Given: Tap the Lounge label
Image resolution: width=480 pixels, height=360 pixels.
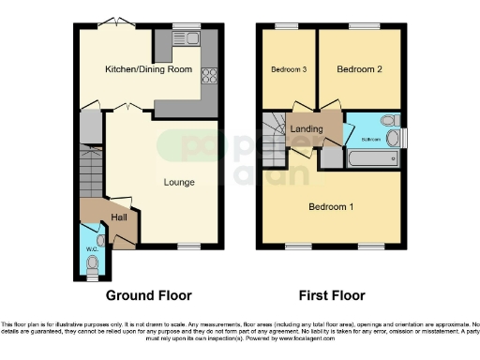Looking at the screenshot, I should [179, 181].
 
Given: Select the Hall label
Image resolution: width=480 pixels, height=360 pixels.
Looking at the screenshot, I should [120, 217].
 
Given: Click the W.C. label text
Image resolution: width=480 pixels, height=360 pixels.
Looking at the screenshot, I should [92, 248].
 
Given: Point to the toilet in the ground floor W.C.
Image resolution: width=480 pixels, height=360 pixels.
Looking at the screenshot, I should [92, 266].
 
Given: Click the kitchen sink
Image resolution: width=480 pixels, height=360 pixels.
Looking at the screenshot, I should [187, 38].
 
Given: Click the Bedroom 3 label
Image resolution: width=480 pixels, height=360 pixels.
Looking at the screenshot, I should [289, 70].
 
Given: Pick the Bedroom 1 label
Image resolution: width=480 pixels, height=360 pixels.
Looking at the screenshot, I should [330, 206].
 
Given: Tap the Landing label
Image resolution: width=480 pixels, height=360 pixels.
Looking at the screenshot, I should [307, 129].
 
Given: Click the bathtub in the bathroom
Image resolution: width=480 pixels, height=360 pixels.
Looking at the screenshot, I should [371, 160].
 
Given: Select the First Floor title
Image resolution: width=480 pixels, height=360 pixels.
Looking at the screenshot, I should [331, 295].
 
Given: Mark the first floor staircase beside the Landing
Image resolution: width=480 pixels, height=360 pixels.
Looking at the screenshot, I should [276, 127].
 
